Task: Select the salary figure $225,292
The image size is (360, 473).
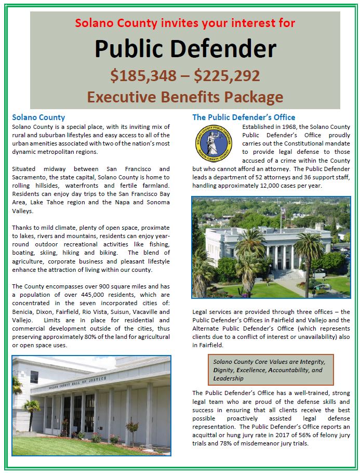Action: click(x=226, y=76)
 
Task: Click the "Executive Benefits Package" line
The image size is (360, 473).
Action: click(x=185, y=97)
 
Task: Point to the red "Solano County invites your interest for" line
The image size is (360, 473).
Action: click(x=185, y=23)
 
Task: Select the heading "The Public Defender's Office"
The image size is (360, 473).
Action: click(x=244, y=117)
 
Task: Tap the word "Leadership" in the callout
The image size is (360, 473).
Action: click(x=228, y=379)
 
